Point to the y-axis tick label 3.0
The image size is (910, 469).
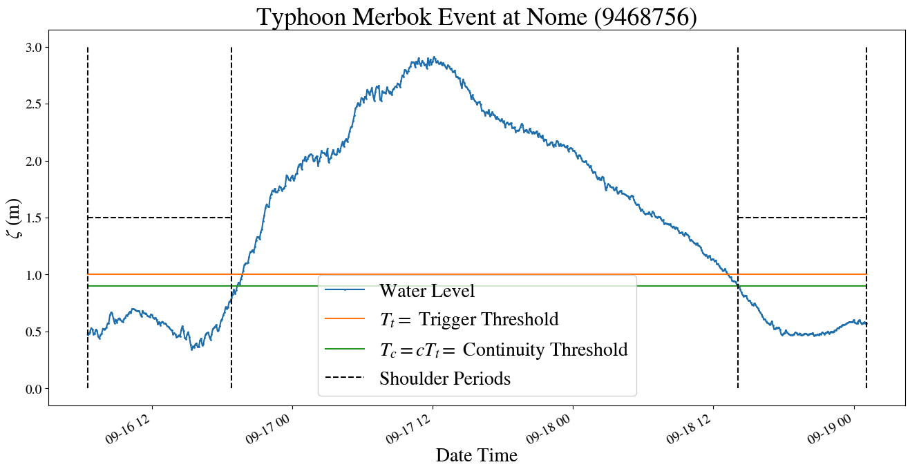point(32,48)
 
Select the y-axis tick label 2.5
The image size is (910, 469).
point(32,104)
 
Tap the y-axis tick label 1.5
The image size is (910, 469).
point(32,218)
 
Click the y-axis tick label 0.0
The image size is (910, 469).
point(32,389)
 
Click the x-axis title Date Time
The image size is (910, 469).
point(476,455)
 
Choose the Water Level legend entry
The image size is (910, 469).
point(426,291)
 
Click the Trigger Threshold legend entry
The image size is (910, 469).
point(468,320)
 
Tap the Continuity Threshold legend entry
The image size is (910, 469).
point(503,350)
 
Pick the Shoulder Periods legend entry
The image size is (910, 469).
point(444,379)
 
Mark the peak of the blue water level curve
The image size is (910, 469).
point(433,58)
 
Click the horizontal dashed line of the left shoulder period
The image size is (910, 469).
point(159,218)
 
